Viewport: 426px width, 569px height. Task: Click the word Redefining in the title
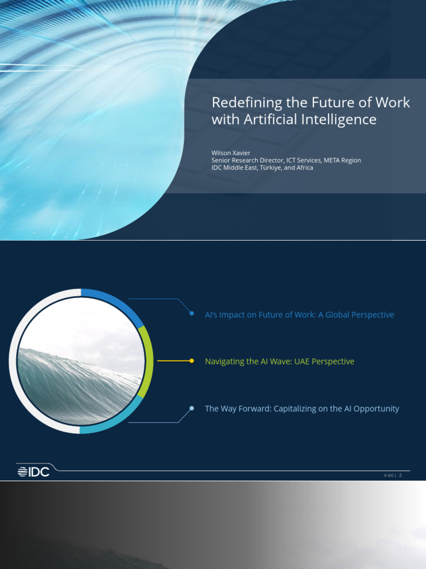(x=240, y=103)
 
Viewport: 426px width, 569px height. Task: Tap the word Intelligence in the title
(x=343, y=119)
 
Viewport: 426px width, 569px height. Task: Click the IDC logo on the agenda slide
(x=33, y=471)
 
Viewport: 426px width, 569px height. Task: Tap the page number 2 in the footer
(x=400, y=475)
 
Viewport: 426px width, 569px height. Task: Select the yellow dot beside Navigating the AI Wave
(x=191, y=361)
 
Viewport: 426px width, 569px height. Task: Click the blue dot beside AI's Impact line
(x=191, y=314)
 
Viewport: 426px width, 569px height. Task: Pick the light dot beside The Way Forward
(x=191, y=408)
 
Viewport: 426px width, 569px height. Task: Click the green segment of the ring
(x=146, y=361)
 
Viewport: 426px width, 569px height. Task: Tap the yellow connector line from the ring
(x=173, y=361)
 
